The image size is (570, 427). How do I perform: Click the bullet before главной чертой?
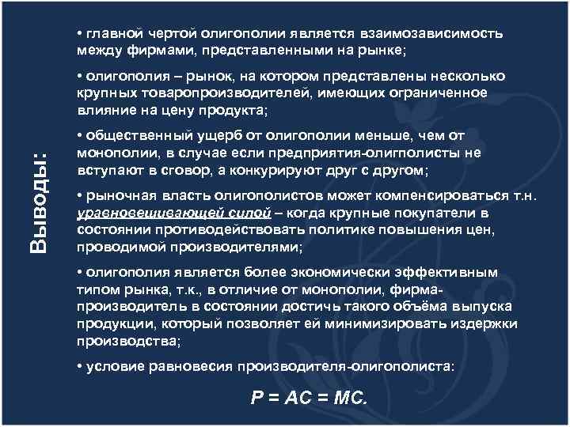point(81,35)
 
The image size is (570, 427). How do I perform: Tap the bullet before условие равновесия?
point(81,366)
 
